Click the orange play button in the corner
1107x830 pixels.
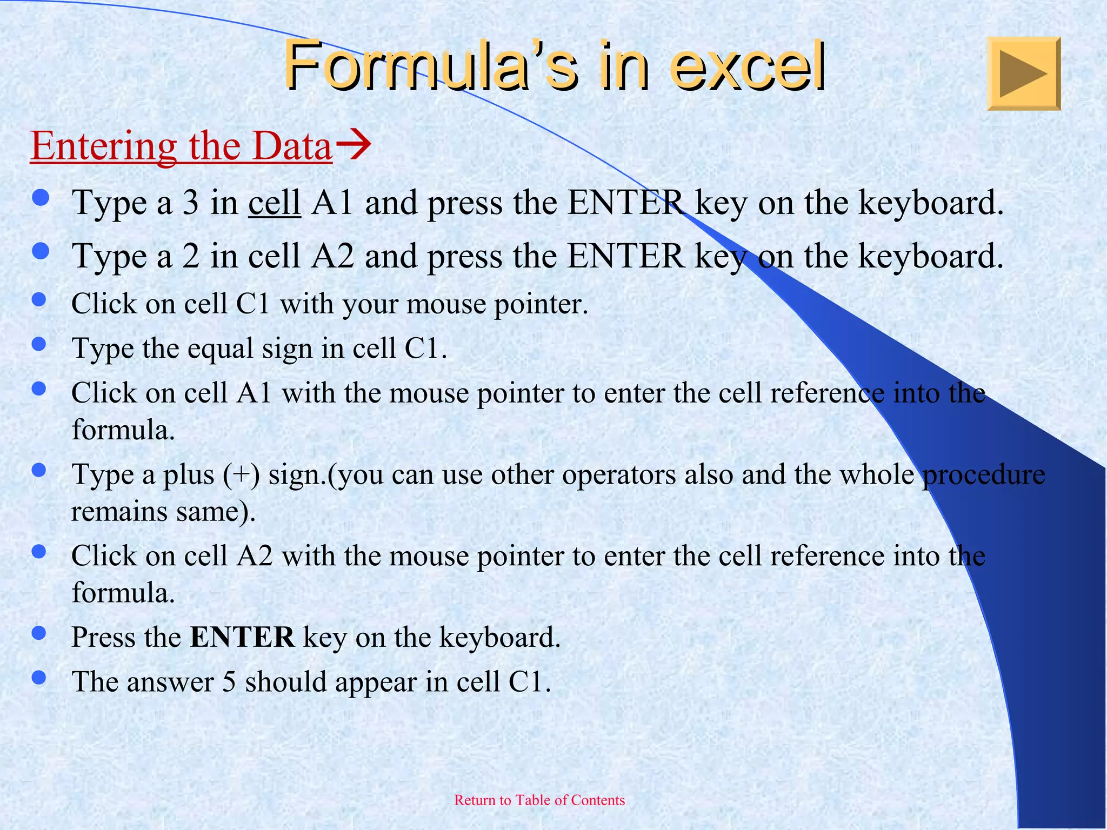coord(1023,73)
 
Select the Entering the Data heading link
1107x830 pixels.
coord(181,146)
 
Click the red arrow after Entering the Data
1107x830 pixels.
coord(353,144)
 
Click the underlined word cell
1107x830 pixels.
coord(274,203)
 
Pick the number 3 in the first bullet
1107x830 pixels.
coord(190,203)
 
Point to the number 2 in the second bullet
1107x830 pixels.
coord(190,256)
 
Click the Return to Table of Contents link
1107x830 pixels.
coord(539,800)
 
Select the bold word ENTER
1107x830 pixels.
coord(242,637)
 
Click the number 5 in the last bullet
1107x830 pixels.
coord(229,682)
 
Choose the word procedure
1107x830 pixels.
coord(984,475)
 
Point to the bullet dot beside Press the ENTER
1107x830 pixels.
coord(39,633)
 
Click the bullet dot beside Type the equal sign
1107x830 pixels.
coord(39,344)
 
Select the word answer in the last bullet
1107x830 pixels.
coord(171,682)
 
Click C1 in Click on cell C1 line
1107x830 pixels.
coord(252,304)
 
